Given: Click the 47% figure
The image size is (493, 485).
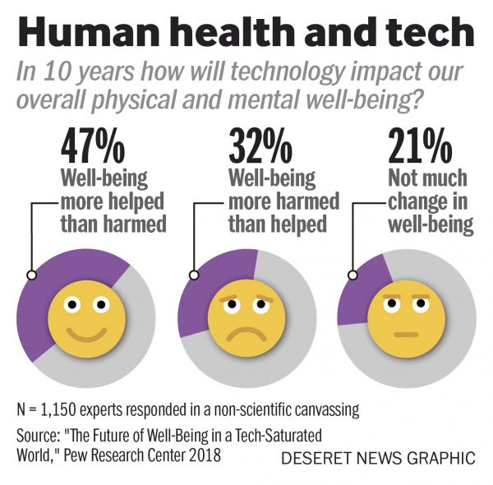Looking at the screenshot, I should tap(92, 148).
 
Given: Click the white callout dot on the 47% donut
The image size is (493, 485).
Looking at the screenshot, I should tap(31, 276).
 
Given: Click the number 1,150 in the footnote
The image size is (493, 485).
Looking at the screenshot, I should tap(67, 409).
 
